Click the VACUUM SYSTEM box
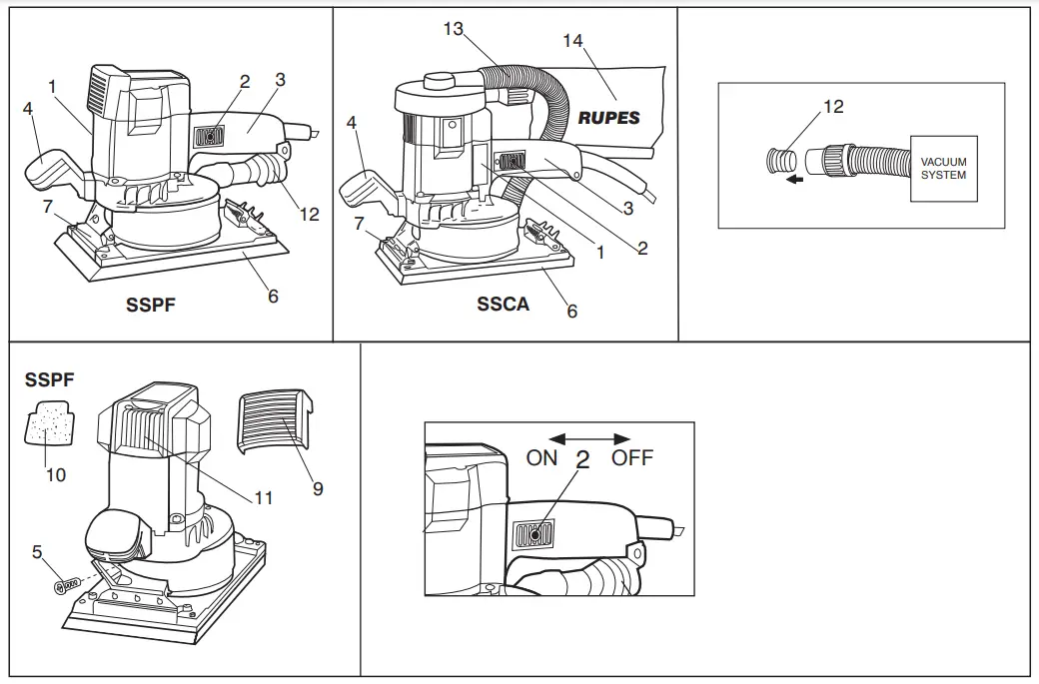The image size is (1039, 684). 943,169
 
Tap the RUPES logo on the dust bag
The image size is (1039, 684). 608,118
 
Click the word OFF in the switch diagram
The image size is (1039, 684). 632,457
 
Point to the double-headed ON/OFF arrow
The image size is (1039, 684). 590,438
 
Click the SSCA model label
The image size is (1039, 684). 503,305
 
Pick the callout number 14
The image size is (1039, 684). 572,40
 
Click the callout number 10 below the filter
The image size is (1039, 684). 56,474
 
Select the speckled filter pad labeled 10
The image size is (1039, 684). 46,425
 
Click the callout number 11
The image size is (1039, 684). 263,496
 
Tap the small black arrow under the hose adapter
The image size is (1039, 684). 794,181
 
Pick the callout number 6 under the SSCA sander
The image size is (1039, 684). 572,312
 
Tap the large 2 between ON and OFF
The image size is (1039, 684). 583,460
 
